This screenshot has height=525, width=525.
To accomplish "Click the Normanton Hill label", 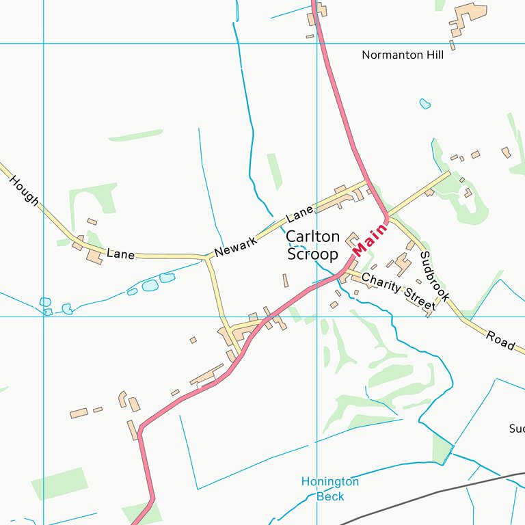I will click(403, 55).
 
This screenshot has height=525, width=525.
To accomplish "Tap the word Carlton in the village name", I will click(312, 237).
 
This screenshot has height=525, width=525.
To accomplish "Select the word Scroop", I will click(312, 254).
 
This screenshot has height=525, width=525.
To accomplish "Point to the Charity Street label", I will click(398, 292).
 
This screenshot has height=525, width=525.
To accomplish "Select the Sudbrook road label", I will click(435, 276).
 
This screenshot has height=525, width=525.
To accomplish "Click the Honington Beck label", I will click(330, 489).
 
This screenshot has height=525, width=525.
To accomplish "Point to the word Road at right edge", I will click(500, 340).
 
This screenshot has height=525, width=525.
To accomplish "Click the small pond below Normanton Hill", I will click(425, 104).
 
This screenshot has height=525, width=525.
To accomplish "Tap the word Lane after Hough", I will click(120, 254).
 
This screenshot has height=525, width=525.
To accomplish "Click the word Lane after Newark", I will click(299, 215).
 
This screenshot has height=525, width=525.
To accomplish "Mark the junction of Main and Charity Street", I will click(344, 272).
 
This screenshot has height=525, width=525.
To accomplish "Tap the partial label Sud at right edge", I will click(516, 429).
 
